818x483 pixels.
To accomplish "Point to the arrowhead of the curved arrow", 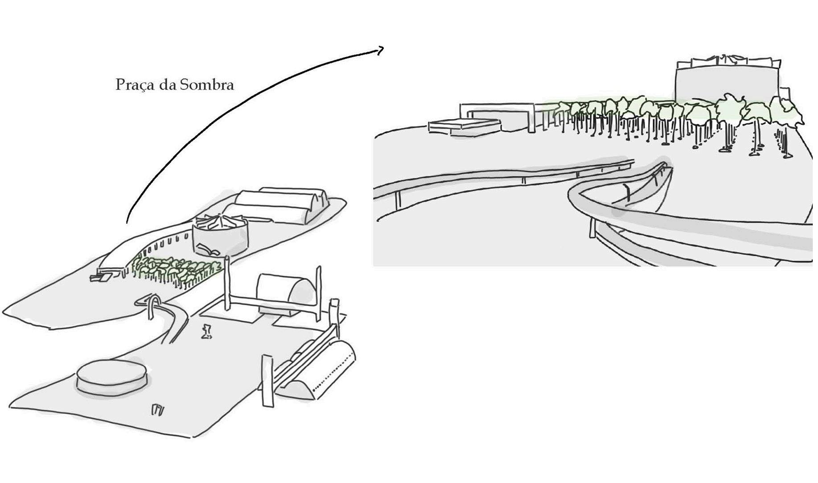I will [380, 50].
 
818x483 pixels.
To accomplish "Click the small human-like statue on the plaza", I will [206, 331].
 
